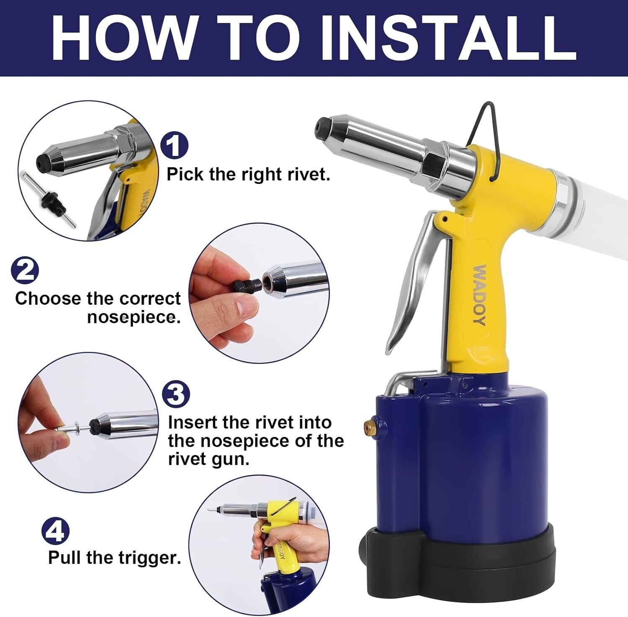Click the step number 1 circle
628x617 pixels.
(x=174, y=145)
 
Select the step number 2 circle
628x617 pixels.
(x=25, y=270)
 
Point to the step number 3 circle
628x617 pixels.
(x=176, y=394)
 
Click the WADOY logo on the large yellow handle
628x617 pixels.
(x=479, y=295)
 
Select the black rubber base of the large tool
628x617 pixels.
(x=461, y=564)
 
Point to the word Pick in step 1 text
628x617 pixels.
(x=185, y=174)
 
